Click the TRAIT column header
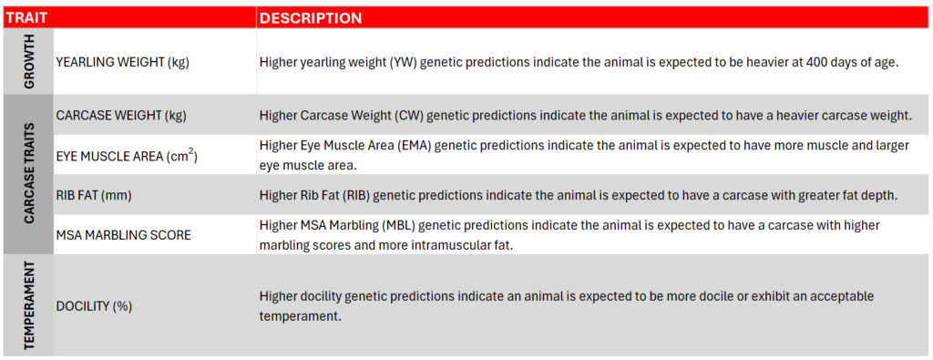[x=26, y=18]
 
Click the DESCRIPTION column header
[x=311, y=18]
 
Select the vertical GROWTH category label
[x=28, y=61]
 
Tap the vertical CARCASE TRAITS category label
[x=28, y=174]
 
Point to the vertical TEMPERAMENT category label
[x=28, y=305]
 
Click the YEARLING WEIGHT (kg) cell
[x=123, y=63]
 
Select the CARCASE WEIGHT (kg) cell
[x=121, y=116]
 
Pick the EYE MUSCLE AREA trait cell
[x=127, y=157]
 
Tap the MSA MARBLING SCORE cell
[x=123, y=235]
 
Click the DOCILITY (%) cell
[x=94, y=306]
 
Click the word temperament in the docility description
[x=301, y=316]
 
